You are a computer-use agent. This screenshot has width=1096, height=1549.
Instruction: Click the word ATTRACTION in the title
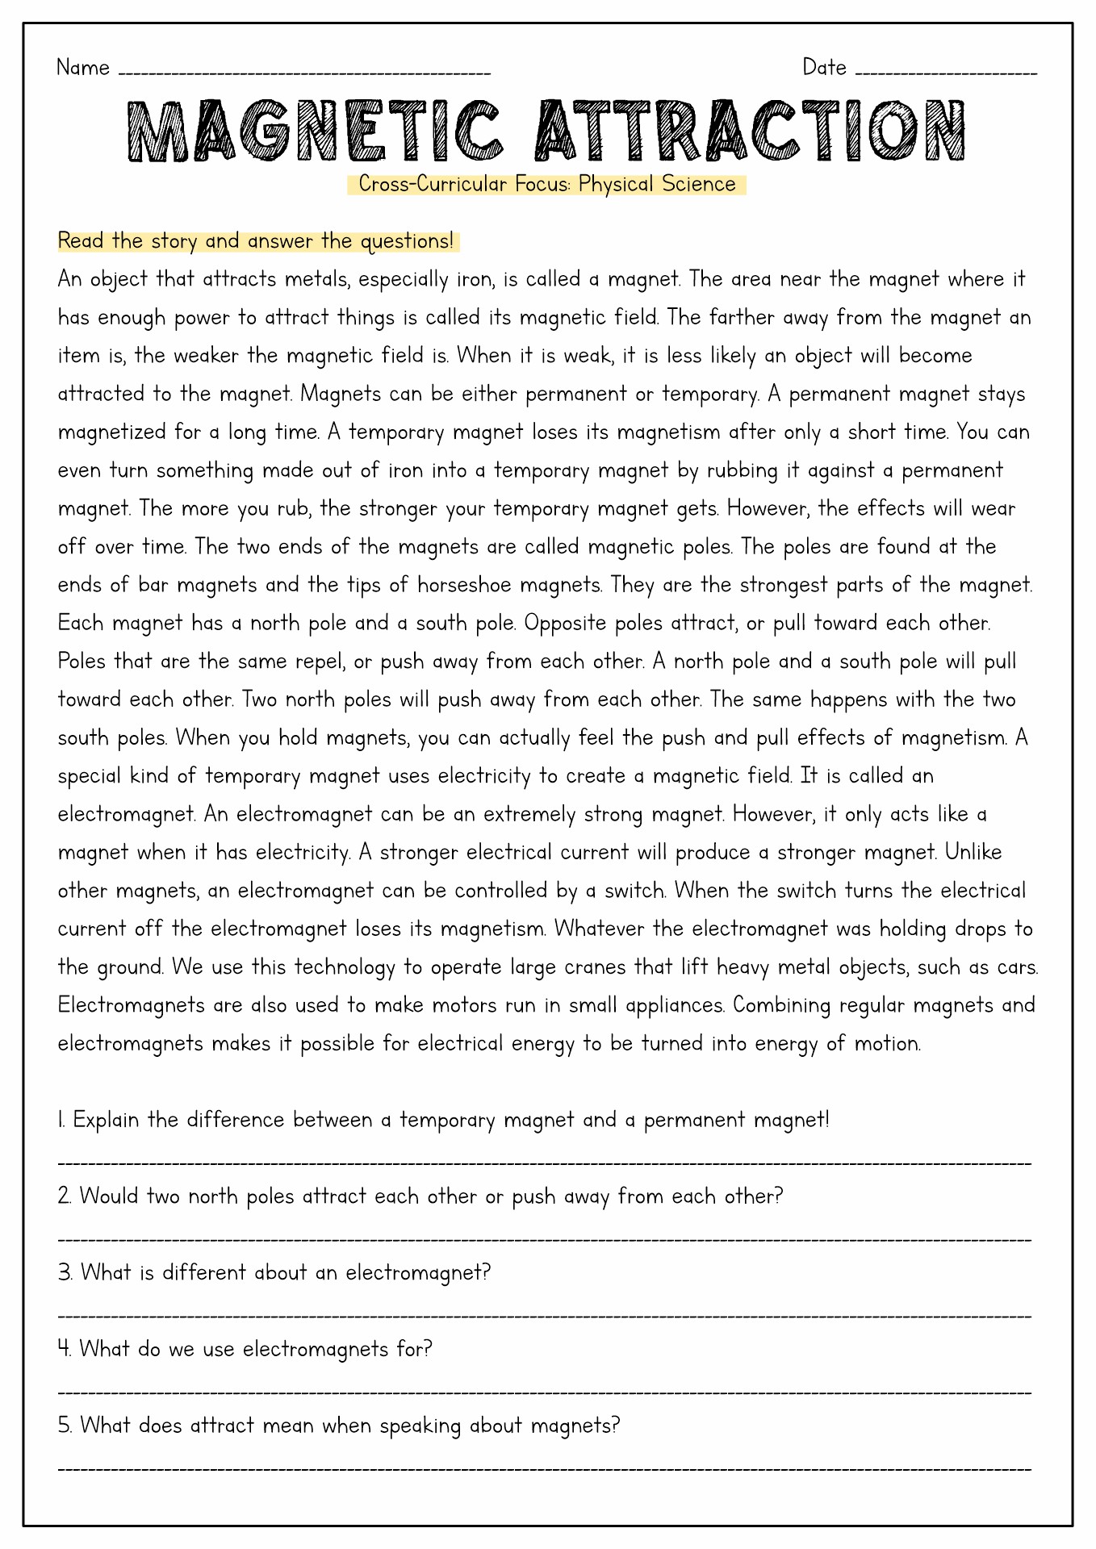[x=751, y=132]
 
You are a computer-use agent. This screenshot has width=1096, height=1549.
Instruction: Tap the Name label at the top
[x=83, y=68]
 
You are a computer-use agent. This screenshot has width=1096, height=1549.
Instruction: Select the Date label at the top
[x=824, y=68]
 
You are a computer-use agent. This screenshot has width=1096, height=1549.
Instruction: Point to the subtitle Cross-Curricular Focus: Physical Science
[x=547, y=185]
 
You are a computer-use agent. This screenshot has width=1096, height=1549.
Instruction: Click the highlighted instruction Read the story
[x=256, y=241]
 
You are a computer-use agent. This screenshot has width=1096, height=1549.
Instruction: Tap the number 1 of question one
[x=61, y=1121]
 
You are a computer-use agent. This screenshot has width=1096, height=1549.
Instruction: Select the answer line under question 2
[x=545, y=1239]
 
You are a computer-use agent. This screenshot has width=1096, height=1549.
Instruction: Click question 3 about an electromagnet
[x=274, y=1273]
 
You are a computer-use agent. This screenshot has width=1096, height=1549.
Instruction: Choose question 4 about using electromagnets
[x=245, y=1349]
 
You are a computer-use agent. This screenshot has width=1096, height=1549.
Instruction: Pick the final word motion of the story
[x=889, y=1044]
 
